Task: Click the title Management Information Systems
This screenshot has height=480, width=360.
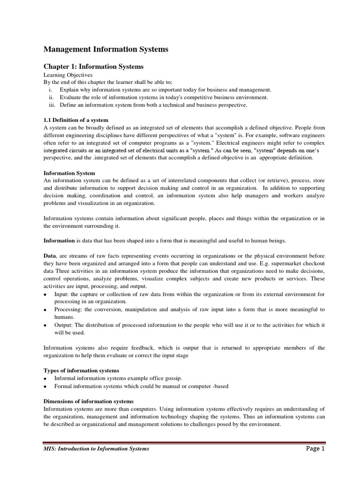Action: click(105, 49)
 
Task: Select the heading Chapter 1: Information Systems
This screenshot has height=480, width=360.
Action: click(93, 67)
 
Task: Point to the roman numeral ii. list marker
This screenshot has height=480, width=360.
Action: click(52, 97)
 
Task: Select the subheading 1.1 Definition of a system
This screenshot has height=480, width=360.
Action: click(75, 120)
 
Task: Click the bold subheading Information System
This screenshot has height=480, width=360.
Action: click(69, 173)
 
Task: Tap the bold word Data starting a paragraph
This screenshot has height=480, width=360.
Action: click(50, 255)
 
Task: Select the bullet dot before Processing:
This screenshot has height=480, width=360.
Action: click(45, 310)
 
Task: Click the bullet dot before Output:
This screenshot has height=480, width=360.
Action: click(45, 325)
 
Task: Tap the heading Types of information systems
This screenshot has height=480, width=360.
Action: click(81, 371)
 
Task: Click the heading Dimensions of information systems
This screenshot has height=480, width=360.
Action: click(88, 401)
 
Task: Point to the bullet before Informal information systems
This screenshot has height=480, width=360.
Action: click(45, 379)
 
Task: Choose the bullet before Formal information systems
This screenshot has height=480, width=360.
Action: click(45, 386)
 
